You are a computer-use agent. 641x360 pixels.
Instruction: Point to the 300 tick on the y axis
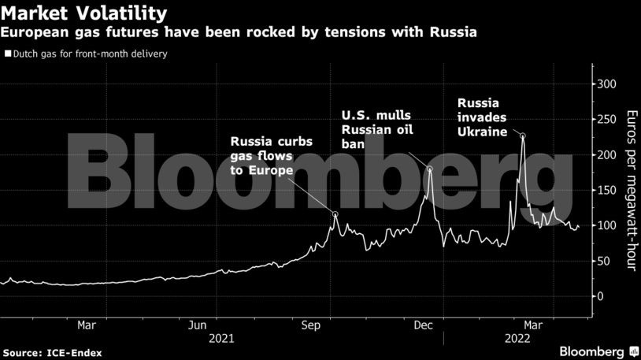coord(606,84)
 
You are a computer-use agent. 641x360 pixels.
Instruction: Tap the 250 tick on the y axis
coord(606,120)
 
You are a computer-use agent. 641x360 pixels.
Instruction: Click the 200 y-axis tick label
coord(606,155)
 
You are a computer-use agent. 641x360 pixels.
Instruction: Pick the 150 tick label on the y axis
coord(606,191)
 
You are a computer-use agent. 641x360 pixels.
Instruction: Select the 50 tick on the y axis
coord(603,261)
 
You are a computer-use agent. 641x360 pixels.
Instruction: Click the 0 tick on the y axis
coord(600,296)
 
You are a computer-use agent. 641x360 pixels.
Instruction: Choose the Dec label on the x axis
coord(423,325)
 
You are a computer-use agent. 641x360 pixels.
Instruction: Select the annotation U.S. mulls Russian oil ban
coord(376,129)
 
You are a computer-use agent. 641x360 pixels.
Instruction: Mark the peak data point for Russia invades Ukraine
coord(523,136)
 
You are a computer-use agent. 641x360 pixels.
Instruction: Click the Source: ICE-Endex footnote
coord(52,352)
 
